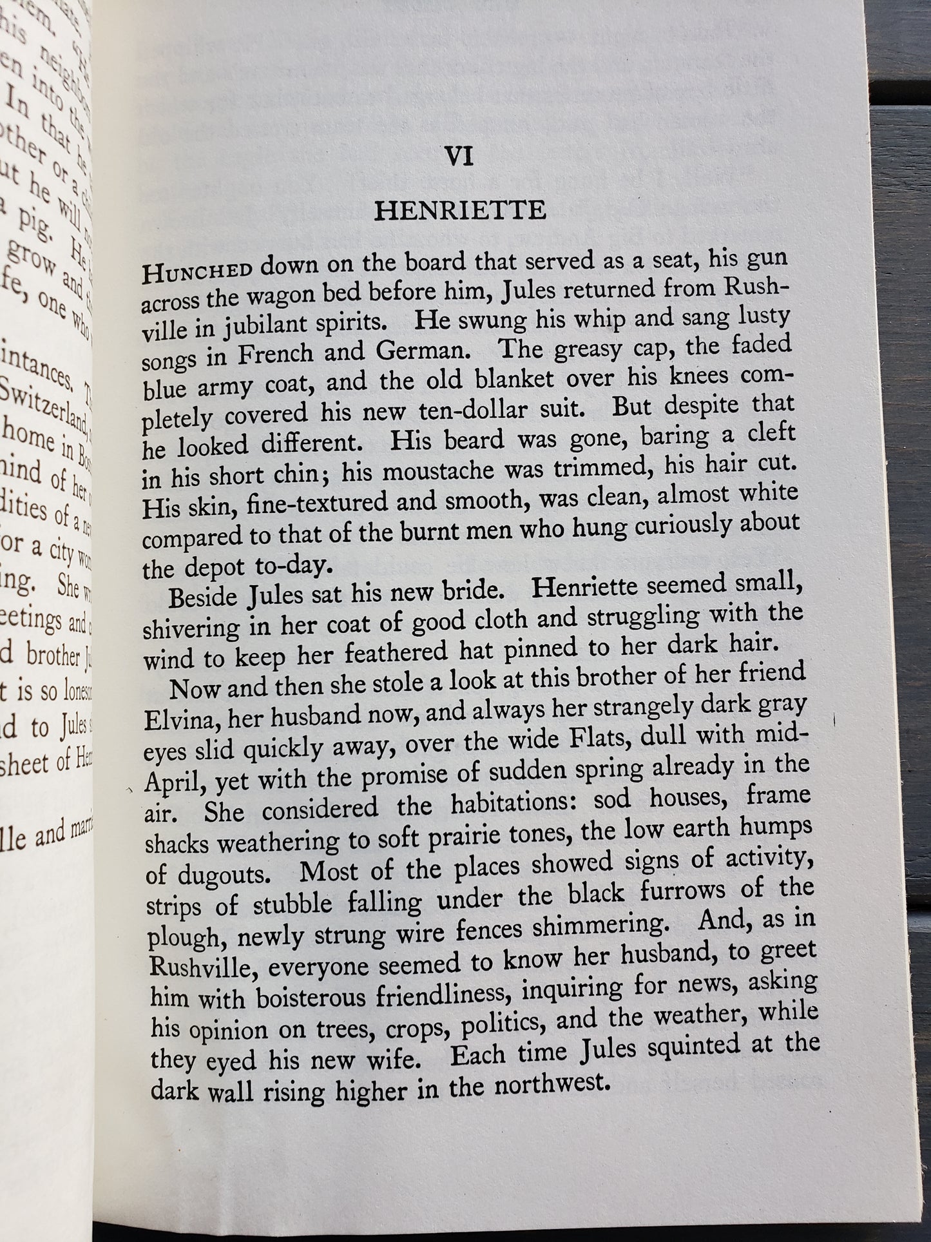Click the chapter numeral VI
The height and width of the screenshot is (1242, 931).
[459, 157]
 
